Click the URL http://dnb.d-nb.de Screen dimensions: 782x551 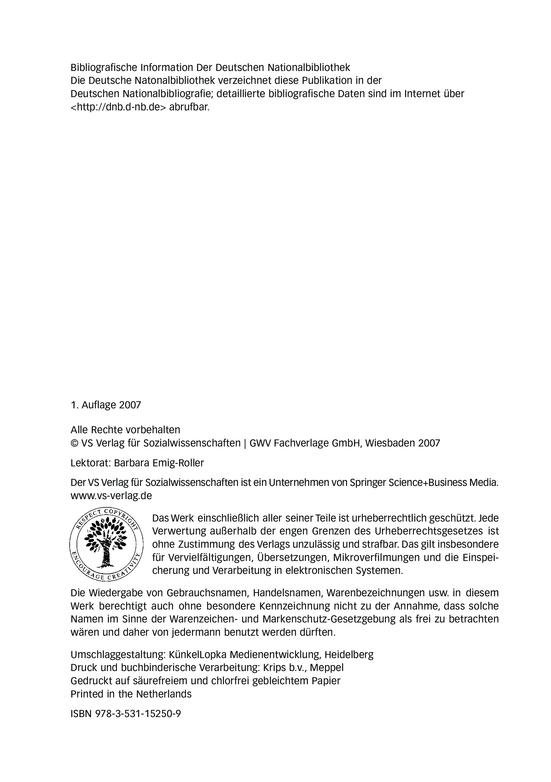click(118, 107)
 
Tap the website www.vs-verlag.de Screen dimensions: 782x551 click(111, 496)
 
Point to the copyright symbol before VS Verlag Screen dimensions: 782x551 click(74, 443)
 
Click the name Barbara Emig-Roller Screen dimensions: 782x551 click(159, 463)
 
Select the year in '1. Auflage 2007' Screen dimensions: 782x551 click(130, 405)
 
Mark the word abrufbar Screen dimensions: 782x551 click(189, 107)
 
